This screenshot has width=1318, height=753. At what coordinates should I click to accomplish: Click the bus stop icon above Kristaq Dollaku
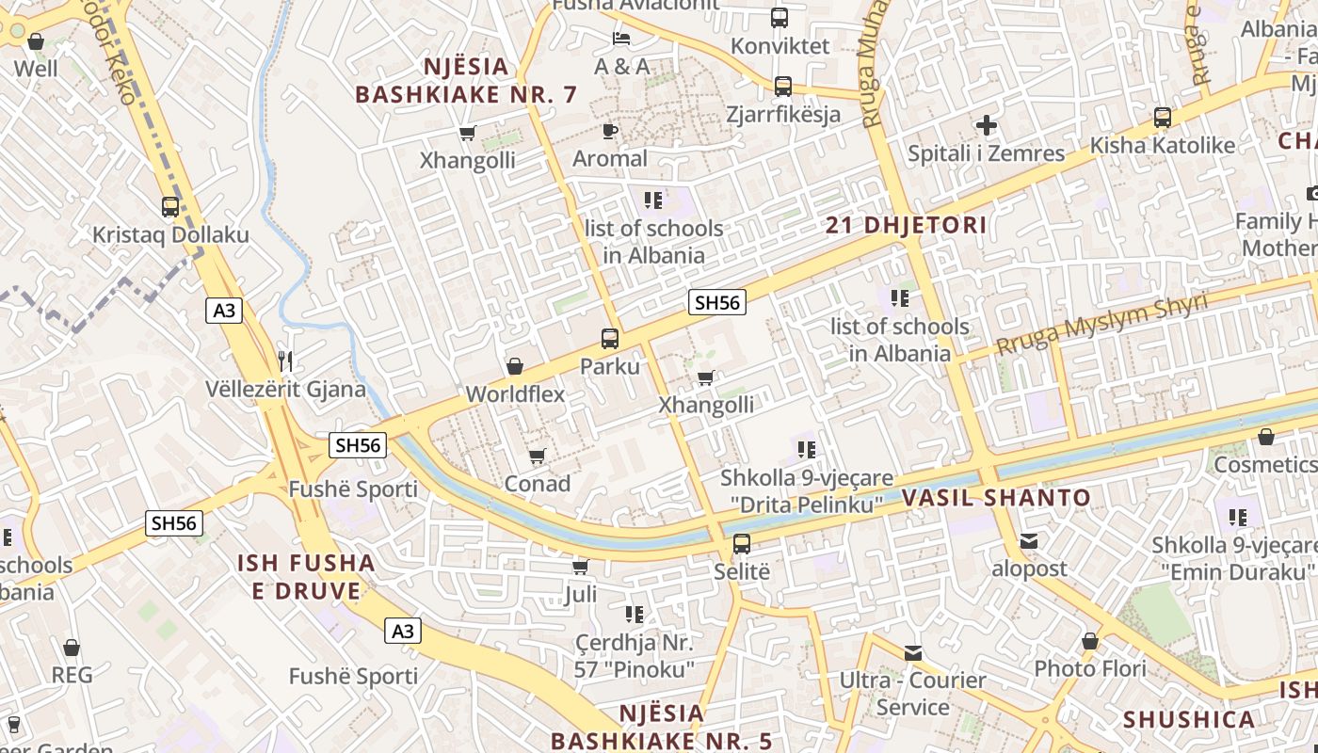[x=169, y=207]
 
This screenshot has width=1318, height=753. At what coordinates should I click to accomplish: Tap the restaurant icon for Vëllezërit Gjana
[x=286, y=360]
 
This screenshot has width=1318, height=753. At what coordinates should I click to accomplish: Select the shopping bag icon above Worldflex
[x=515, y=366]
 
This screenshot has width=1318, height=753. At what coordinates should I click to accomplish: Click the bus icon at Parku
[x=610, y=339]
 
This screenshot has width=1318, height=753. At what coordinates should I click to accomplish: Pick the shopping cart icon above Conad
[x=537, y=457]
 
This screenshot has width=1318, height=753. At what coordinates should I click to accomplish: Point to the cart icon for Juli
[x=581, y=567]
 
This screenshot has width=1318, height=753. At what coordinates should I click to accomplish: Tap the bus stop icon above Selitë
[x=742, y=544]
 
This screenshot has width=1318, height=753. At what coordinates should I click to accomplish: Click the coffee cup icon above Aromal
[x=610, y=131]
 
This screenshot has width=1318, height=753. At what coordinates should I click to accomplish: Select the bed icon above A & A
[x=621, y=39]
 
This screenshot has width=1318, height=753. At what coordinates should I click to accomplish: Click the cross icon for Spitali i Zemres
[x=986, y=125]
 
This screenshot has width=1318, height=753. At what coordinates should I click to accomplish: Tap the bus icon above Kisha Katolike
[x=1163, y=118]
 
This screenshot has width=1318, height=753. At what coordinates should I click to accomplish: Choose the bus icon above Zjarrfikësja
[x=782, y=87]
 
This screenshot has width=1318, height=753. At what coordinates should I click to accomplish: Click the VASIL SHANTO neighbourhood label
[x=996, y=498]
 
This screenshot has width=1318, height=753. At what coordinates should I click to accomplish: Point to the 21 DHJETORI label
[x=906, y=225]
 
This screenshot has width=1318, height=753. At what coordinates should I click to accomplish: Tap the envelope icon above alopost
[x=1028, y=541]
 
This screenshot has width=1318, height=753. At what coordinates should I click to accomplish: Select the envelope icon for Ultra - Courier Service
[x=912, y=652]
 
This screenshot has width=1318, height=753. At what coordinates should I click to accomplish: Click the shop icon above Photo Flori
[x=1089, y=642]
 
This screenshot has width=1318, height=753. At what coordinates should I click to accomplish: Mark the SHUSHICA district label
[x=1188, y=720]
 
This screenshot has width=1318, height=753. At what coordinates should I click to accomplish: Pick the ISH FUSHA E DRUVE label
[x=306, y=577]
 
